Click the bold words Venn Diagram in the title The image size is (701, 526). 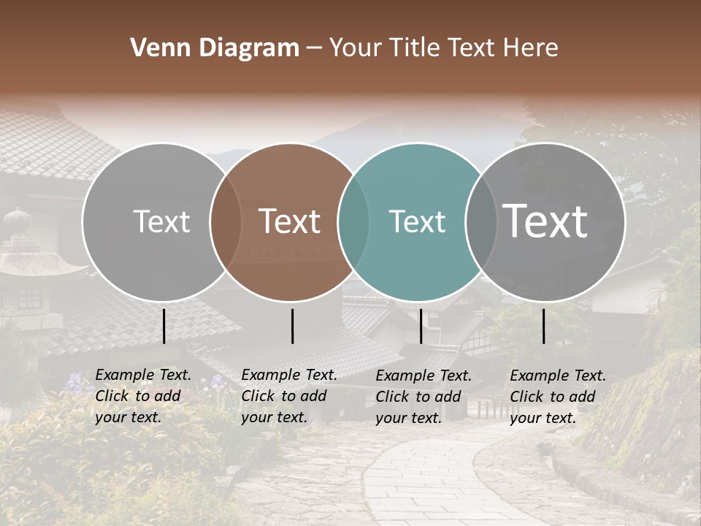pyautogui.click(x=215, y=48)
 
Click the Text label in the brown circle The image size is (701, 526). pyautogui.click(x=290, y=221)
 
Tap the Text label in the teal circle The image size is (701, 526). pyautogui.click(x=417, y=221)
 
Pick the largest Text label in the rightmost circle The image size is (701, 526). pyautogui.click(x=545, y=221)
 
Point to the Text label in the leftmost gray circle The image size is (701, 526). pyautogui.click(x=161, y=221)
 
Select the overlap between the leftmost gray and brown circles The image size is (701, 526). pyautogui.click(x=226, y=221)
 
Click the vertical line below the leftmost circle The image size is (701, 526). pyautogui.click(x=164, y=326)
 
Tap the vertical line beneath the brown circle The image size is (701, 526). pyautogui.click(x=292, y=326)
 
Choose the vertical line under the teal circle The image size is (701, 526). pyautogui.click(x=421, y=326)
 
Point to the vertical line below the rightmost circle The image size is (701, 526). pyautogui.click(x=543, y=326)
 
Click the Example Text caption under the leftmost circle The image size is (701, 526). pyautogui.click(x=143, y=376)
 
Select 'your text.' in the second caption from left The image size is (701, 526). pyautogui.click(x=274, y=417)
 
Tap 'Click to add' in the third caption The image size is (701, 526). pyautogui.click(x=418, y=397)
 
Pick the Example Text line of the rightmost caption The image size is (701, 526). pyautogui.click(x=558, y=376)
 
